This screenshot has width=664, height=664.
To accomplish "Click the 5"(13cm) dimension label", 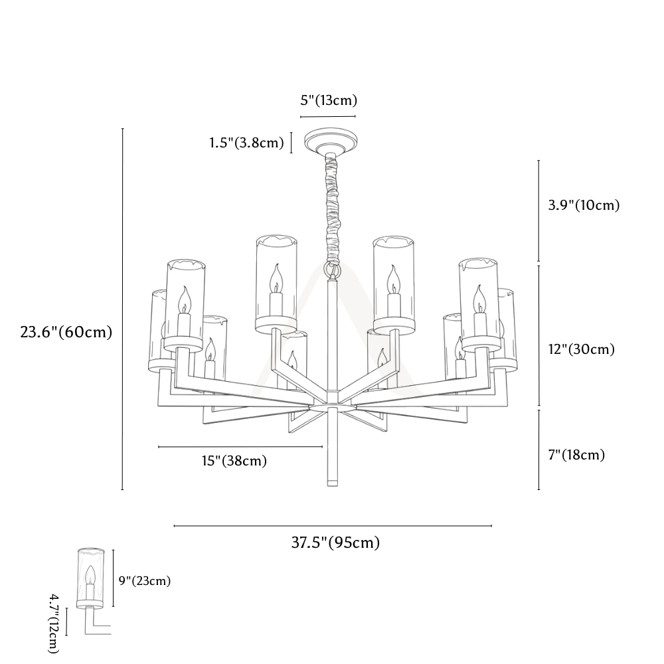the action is pyautogui.click(x=329, y=100).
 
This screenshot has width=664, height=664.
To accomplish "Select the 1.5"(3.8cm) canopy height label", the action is pyautogui.click(x=246, y=143).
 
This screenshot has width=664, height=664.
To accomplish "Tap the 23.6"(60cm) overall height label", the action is pyautogui.click(x=66, y=331).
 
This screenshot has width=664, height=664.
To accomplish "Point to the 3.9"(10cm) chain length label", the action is pyautogui.click(x=584, y=205).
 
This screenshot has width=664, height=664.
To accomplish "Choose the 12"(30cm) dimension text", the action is pyautogui.click(x=582, y=349).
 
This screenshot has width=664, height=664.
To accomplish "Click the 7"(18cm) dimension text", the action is pyautogui.click(x=577, y=455).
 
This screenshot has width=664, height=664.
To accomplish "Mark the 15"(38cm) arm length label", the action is pyautogui.click(x=234, y=460).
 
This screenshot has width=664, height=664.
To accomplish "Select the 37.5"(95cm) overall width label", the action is pyautogui.click(x=335, y=542).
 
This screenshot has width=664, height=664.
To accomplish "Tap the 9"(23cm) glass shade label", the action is pyautogui.click(x=145, y=580).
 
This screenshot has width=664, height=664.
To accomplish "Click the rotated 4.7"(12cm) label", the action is pyautogui.click(x=54, y=623).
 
